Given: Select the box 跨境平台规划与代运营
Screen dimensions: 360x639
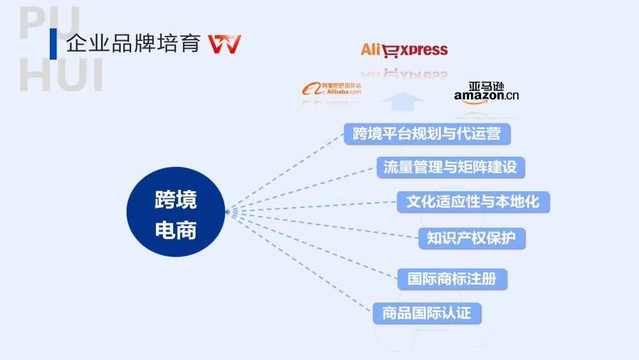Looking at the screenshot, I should pos(427,134).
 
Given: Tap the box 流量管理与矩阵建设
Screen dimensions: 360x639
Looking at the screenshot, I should pos(450,168).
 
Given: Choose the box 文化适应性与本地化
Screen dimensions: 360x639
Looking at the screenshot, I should pos(472,202).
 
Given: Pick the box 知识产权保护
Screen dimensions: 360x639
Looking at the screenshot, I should pos(472,238).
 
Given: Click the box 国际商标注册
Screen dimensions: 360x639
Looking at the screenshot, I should pos(452,279).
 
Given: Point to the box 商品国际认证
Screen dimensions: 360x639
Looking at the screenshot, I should pos(426,313).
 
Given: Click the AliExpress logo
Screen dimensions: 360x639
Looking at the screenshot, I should pos(404,50).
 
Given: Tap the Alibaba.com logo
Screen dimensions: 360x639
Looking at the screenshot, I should pos(332,89).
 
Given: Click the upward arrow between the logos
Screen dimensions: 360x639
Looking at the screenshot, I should pos(403,102).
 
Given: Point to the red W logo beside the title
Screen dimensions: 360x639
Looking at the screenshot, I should pos(225,44).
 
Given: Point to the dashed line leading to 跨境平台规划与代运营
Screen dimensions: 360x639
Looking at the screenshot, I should pos(288,170).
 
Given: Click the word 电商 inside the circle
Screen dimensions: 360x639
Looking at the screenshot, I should pos(176,231).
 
